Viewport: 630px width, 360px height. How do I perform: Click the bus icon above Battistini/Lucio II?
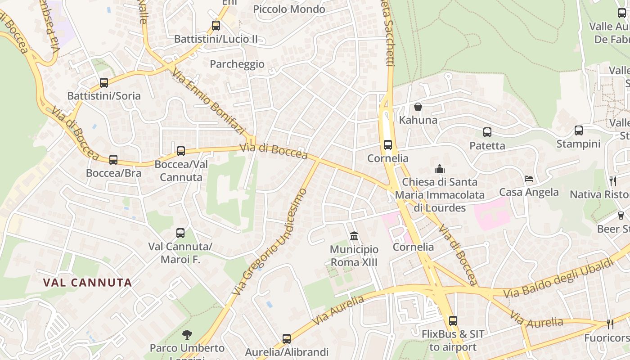[216, 26]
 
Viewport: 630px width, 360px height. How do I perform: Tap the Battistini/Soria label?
[104, 96]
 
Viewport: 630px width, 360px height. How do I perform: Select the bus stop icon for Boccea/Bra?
[113, 160]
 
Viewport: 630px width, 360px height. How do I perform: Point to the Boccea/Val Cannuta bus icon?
[181, 151]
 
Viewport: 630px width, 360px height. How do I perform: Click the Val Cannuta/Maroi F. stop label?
[180, 253]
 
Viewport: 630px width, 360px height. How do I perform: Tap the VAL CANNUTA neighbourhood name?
[88, 283]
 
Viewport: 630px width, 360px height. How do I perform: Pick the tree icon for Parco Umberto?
[187, 334]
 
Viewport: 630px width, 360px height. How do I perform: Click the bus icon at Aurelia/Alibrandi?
[287, 339]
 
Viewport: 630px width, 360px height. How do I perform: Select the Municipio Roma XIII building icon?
[354, 236]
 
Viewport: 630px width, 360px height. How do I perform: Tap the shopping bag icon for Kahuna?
[418, 107]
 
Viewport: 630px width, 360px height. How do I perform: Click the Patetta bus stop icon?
[487, 132]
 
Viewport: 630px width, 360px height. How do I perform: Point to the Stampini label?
[578, 144]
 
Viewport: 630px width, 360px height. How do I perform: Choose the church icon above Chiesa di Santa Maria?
[439, 169]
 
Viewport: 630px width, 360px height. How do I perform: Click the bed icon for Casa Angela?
[529, 179]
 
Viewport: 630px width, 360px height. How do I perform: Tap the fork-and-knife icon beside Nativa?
[612, 181]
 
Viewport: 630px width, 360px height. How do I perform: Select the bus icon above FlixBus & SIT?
[453, 321]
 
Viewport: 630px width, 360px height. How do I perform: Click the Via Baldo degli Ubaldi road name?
[558, 278]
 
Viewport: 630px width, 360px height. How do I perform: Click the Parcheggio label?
[237, 64]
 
